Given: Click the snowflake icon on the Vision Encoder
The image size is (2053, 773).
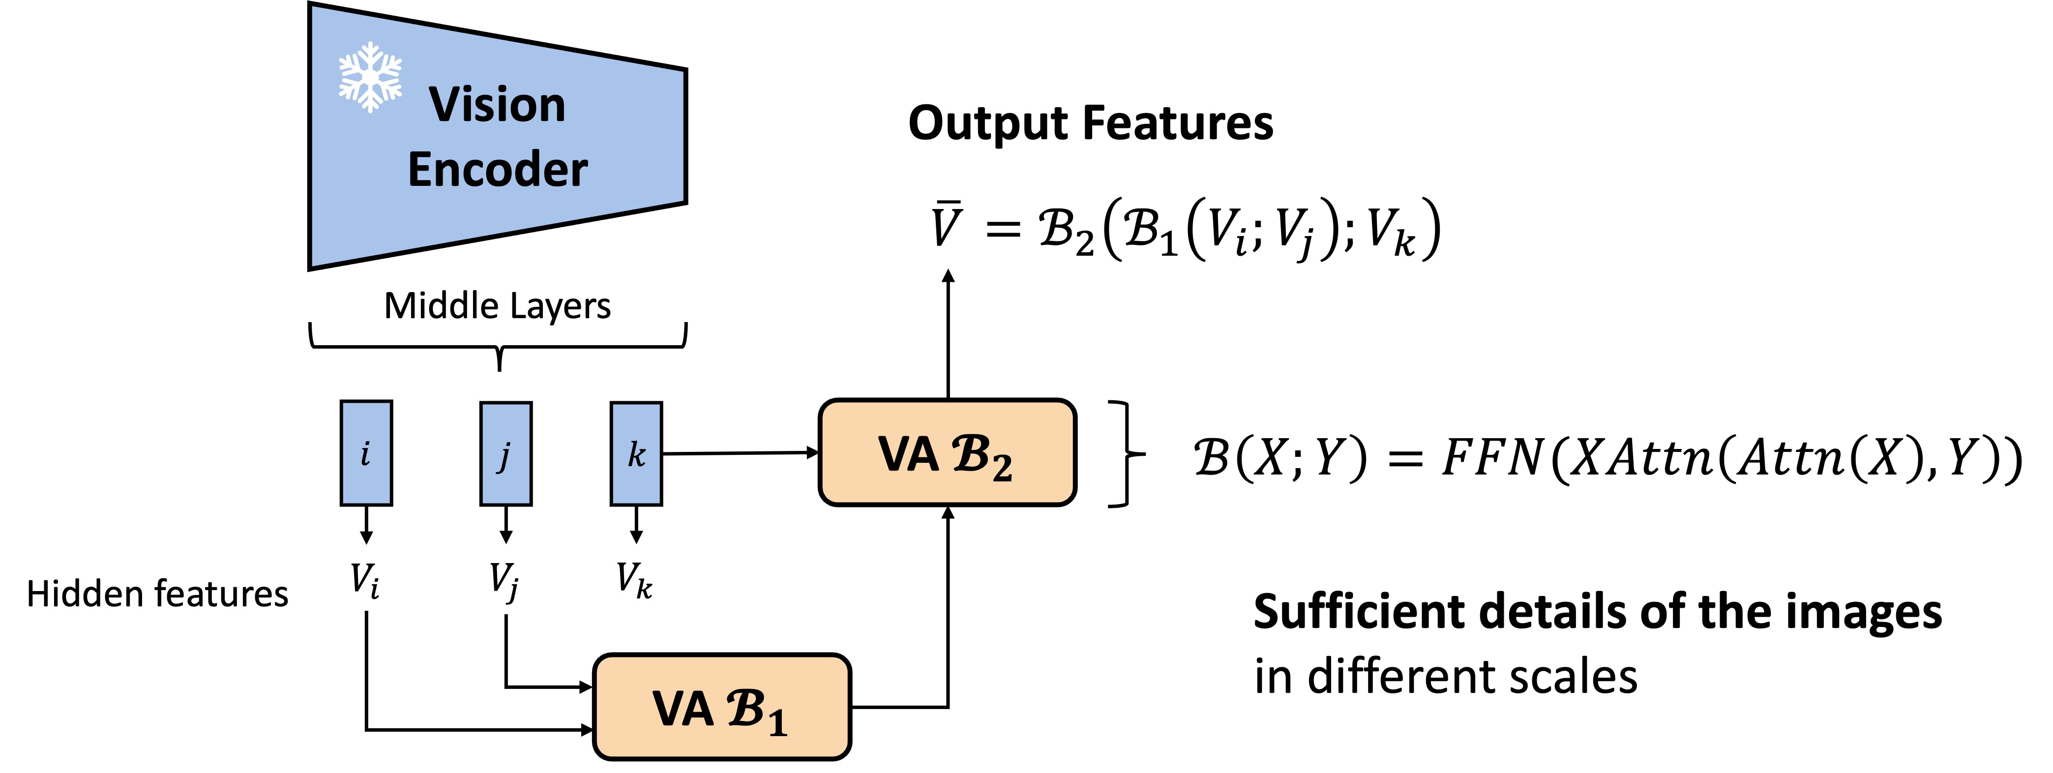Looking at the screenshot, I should pyautogui.click(x=370, y=77).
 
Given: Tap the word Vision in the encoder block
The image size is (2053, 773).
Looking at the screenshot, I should pyautogui.click(x=497, y=105).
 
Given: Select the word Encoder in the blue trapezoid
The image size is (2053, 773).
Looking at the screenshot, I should pyautogui.click(x=497, y=170).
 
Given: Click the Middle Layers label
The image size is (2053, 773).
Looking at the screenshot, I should pyautogui.click(x=497, y=306).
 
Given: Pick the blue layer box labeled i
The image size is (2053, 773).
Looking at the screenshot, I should pyautogui.click(x=366, y=453).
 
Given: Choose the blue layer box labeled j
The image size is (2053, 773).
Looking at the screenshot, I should pyautogui.click(x=506, y=453).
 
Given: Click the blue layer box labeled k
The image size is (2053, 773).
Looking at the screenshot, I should pyautogui.click(x=636, y=453).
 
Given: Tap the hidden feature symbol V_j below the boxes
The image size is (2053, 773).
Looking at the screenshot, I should pyautogui.click(x=504, y=582).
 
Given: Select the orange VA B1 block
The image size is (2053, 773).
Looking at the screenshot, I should pyautogui.click(x=722, y=707).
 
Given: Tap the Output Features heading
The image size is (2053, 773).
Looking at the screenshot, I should pyautogui.click(x=1090, y=124).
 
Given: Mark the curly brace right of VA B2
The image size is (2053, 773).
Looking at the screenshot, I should pyautogui.click(x=1127, y=453).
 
